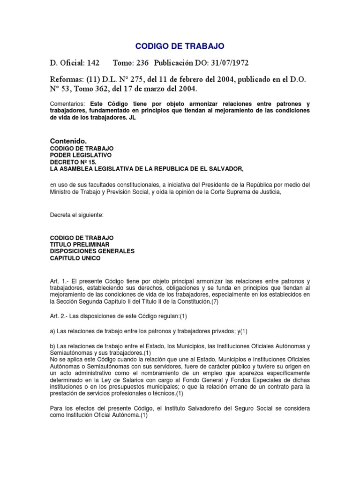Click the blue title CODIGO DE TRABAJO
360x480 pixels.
coord(180,46)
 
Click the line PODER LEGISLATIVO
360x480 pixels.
coord(81,155)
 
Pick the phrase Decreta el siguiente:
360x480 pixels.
coord(77,215)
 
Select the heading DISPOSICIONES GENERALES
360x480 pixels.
coord(92,251)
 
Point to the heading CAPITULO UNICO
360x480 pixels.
coord(75,258)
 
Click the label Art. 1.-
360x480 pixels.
coord(60,281)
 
